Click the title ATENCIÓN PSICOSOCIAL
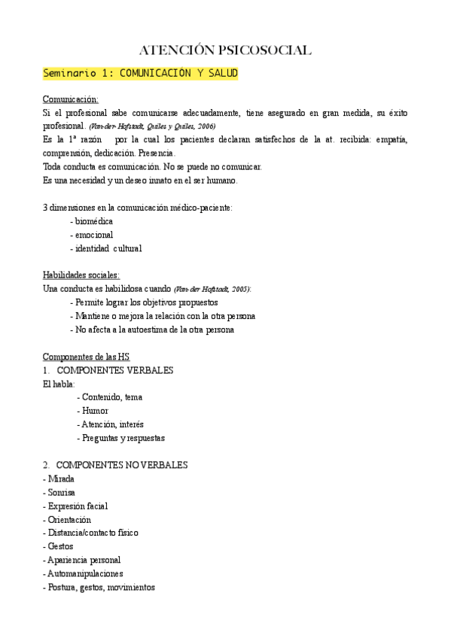(225, 50)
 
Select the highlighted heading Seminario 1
(140, 74)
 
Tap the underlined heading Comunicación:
(70, 99)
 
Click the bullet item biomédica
(92, 221)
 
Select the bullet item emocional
(92, 235)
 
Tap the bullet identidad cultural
(106, 248)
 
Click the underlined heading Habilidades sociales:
(81, 275)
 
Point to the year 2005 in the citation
(240, 289)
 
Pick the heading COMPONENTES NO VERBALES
(122, 465)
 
